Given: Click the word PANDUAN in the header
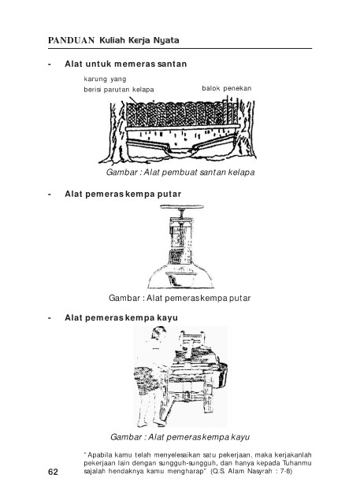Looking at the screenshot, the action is [x=71, y=40].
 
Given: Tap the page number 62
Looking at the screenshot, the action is [x=53, y=472].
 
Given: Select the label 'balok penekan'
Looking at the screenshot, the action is [x=227, y=88].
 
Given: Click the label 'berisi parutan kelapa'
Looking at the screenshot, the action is [x=119, y=90].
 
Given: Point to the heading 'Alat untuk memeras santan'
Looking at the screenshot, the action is [x=126, y=64].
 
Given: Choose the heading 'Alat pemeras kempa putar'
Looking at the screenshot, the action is [x=123, y=195].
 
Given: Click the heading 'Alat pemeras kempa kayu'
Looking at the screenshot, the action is [x=121, y=317].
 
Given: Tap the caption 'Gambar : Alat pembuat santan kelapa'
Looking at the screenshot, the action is [x=180, y=172].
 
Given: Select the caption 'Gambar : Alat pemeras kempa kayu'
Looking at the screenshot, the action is [x=180, y=437].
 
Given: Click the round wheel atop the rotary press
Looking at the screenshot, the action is [x=182, y=207].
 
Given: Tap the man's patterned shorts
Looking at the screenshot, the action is [x=146, y=379].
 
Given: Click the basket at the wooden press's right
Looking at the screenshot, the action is [x=223, y=375].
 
